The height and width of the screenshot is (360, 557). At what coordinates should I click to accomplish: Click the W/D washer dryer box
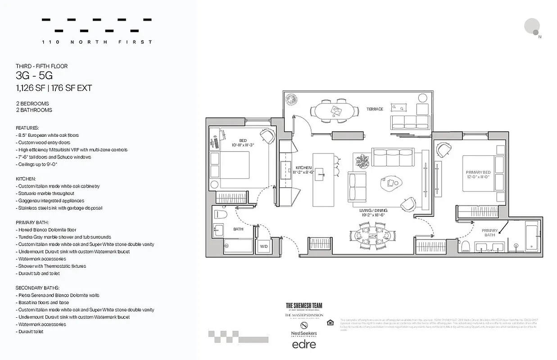click(x=263, y=246)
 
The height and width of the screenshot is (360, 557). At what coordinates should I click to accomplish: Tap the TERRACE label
click(x=375, y=109)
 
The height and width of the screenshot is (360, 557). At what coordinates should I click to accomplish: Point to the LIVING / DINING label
click(x=374, y=210)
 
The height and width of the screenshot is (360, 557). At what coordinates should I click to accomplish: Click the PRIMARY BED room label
click(x=478, y=173)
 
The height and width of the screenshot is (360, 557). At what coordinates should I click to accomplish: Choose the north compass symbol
click(x=533, y=27)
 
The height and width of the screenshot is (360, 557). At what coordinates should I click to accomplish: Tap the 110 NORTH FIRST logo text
click(x=97, y=42)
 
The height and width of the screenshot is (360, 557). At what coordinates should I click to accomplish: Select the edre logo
click(x=304, y=344)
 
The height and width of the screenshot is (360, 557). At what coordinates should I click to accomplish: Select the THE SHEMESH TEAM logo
click(x=304, y=306)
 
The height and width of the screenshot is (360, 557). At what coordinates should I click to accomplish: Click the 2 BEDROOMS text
click(x=32, y=103)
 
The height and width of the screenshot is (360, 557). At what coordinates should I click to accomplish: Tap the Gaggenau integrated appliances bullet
click(x=51, y=201)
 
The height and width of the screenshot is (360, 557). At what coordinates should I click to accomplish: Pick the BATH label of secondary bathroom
click(x=238, y=229)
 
